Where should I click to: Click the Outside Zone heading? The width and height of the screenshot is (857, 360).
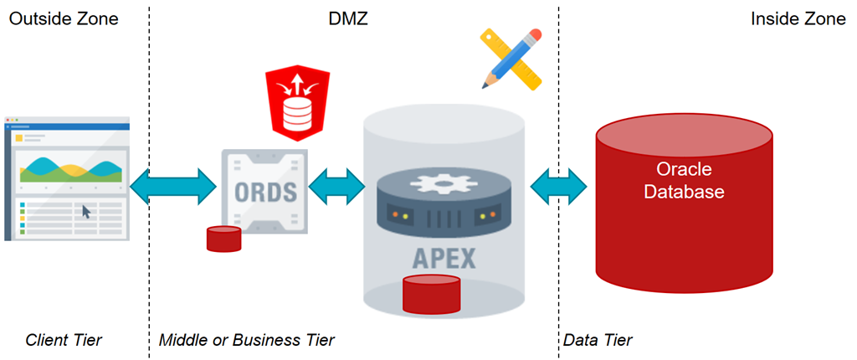64,18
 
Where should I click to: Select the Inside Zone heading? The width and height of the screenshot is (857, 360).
798,18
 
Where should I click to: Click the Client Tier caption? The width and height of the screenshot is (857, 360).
64,340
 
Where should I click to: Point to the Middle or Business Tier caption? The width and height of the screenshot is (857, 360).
247,340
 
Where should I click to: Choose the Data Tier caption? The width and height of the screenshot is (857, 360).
598,340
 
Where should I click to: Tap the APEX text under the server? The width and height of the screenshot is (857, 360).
444,257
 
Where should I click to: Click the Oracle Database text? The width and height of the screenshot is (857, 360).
684,180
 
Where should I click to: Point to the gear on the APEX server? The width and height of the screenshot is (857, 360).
444,183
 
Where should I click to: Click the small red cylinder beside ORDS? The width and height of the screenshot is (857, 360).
223,239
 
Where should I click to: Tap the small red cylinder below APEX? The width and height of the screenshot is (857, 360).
432,292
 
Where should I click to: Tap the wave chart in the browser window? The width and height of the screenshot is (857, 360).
67,167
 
